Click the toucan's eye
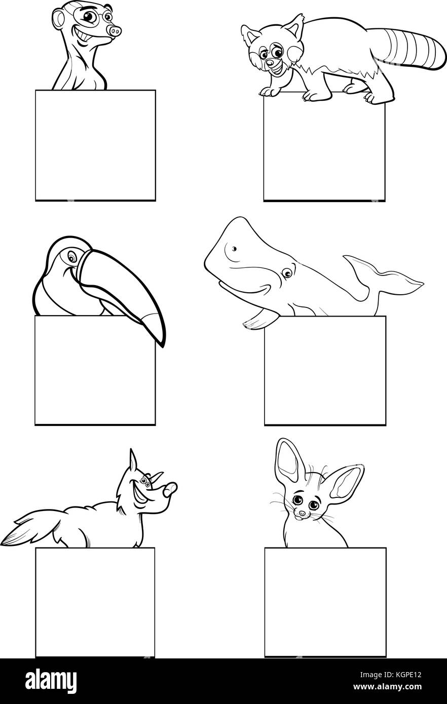tap(73, 259)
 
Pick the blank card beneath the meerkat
tap(95, 146)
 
